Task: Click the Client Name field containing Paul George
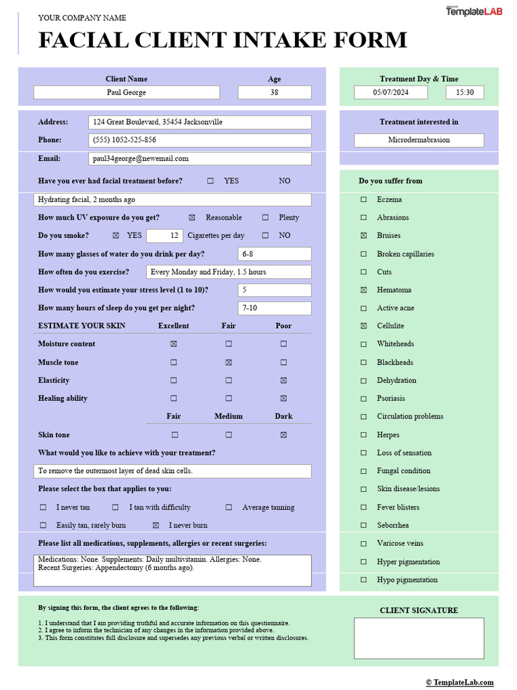click(127, 92)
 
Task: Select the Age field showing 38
click(274, 92)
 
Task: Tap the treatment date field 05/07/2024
click(390, 92)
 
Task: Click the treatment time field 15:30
click(464, 92)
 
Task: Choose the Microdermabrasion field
click(419, 140)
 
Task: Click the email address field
click(200, 159)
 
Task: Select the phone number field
click(200, 140)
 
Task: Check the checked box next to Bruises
click(364, 236)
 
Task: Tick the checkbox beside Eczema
click(364, 199)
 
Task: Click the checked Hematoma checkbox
click(364, 290)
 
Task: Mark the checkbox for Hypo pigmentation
click(364, 579)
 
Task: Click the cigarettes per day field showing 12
click(165, 236)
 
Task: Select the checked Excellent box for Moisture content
click(174, 344)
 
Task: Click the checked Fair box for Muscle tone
click(229, 363)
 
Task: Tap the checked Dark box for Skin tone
click(283, 435)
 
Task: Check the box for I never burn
click(156, 526)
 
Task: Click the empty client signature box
click(419, 638)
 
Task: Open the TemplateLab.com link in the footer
click(460, 683)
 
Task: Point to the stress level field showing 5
click(274, 290)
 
